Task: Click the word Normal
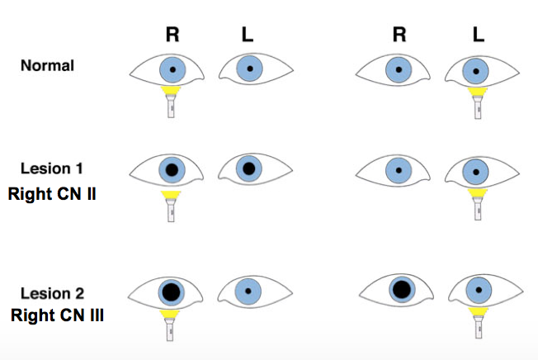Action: (x=47, y=65)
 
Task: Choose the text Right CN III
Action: (x=57, y=315)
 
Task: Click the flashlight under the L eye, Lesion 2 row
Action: (x=476, y=323)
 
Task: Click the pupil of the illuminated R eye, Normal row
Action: (x=172, y=69)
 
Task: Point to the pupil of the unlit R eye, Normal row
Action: (x=399, y=69)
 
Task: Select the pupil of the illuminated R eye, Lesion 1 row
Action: (x=172, y=171)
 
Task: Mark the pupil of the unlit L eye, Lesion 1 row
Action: (x=248, y=169)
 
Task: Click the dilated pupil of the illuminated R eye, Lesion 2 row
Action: (x=172, y=291)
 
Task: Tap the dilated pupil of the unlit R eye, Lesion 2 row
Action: (x=401, y=289)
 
